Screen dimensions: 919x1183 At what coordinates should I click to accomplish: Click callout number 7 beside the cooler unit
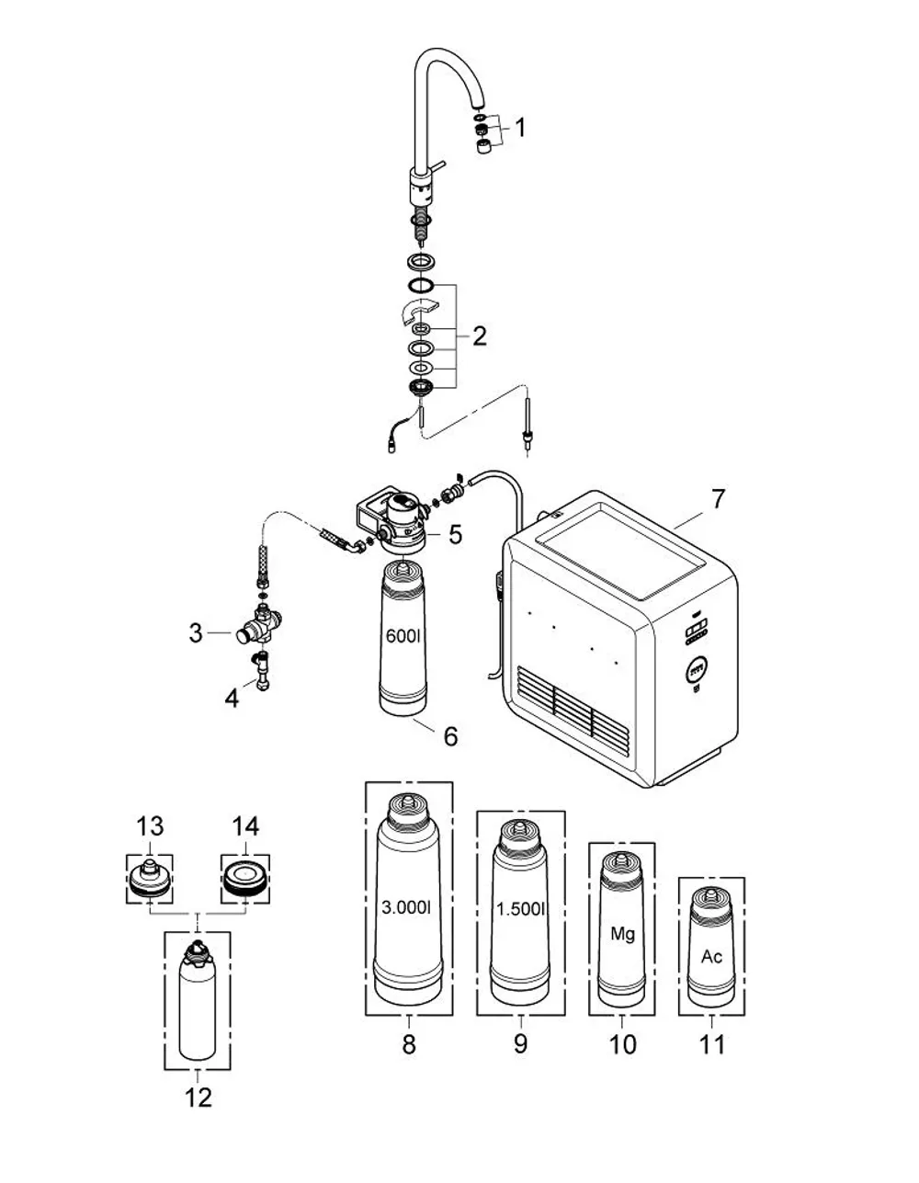click(x=719, y=499)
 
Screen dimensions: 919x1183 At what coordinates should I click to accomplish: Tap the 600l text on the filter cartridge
click(x=403, y=635)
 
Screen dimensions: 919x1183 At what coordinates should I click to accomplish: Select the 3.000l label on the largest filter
click(x=406, y=907)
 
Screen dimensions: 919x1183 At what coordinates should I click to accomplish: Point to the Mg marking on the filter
click(x=622, y=935)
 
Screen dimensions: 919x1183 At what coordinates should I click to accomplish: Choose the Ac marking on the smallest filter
click(x=711, y=956)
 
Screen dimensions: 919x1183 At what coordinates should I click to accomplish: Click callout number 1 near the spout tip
click(x=520, y=128)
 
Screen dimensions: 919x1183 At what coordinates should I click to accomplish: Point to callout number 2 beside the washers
click(x=479, y=336)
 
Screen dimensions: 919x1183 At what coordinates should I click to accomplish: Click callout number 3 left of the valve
click(x=196, y=633)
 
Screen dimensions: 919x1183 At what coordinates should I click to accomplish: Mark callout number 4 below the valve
click(x=232, y=698)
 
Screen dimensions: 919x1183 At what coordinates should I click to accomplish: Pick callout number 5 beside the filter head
click(x=455, y=534)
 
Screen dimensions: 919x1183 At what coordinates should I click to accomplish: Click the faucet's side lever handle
click(x=438, y=165)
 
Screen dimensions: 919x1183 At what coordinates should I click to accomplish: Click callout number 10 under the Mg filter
click(x=622, y=1045)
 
